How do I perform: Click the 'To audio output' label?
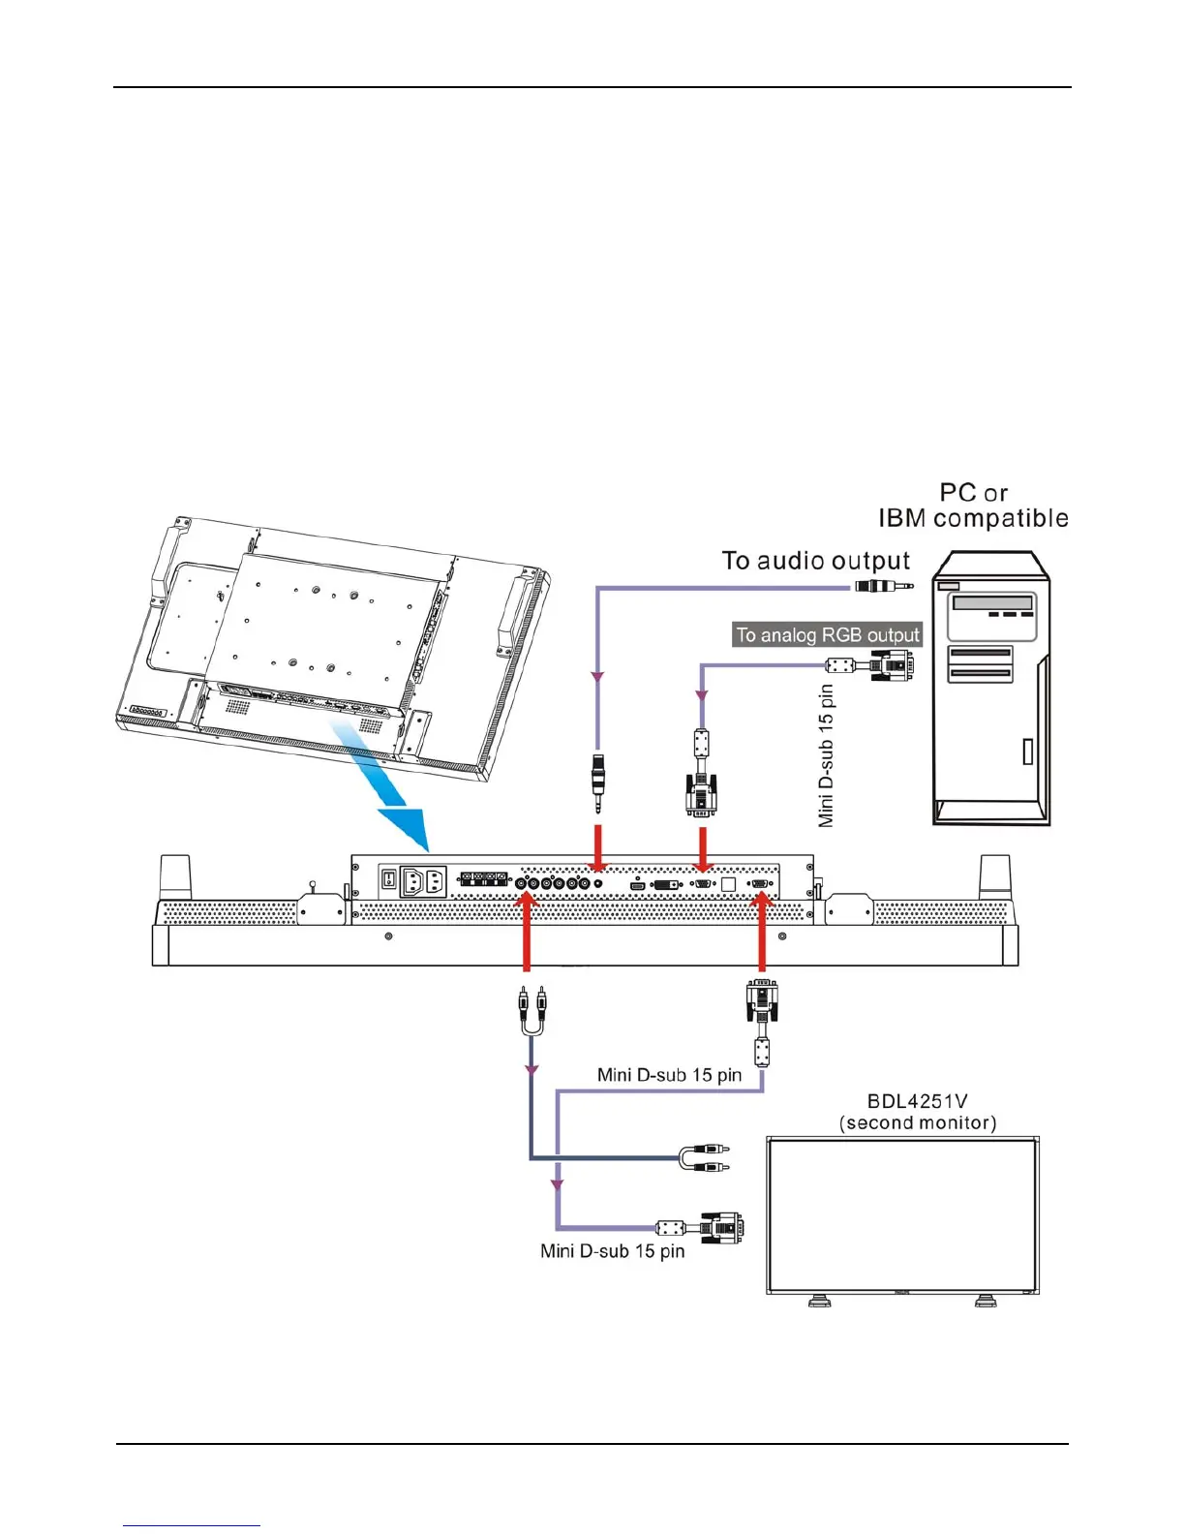pyautogui.click(x=815, y=562)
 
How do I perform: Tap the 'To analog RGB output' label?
pyautogui.click(x=828, y=635)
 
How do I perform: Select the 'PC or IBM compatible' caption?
pyautogui.click(x=973, y=506)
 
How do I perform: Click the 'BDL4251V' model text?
pyautogui.click(x=917, y=1101)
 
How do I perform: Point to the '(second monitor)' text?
pyautogui.click(x=917, y=1123)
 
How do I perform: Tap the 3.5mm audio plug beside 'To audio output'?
pyautogui.click(x=882, y=586)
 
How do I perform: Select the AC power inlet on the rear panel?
pyautogui.click(x=422, y=881)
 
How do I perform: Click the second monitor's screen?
pyautogui.click(x=901, y=1215)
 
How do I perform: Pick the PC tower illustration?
pyautogui.click(x=990, y=688)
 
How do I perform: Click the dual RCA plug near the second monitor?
pyautogui.click(x=705, y=1157)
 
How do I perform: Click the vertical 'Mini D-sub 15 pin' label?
pyautogui.click(x=826, y=755)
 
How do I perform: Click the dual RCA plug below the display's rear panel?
pyautogui.click(x=531, y=1009)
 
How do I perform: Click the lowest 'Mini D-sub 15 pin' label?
pyautogui.click(x=612, y=1251)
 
